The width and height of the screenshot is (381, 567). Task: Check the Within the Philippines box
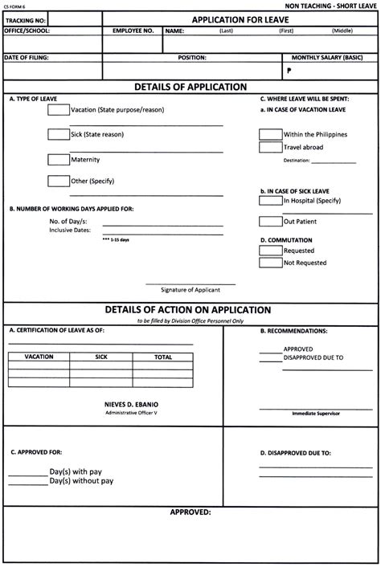270,134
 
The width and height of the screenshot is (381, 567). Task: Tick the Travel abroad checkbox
270,148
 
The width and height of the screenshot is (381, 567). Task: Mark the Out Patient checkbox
270,221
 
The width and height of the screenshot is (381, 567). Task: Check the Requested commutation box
270,251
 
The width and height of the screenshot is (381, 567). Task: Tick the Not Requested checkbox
270,263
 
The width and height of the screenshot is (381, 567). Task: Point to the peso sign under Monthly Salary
286,71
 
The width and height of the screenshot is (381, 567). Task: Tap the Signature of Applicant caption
190,289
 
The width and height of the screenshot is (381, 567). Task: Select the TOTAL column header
163,356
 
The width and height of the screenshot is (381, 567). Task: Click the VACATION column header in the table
39,356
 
